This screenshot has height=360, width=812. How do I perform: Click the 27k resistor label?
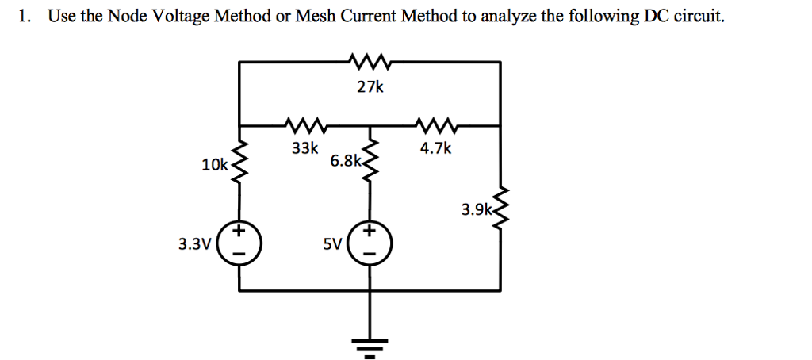pyautogui.click(x=370, y=87)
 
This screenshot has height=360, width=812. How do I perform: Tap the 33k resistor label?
pyautogui.click(x=304, y=147)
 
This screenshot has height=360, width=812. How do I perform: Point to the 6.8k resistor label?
pyautogui.click(x=345, y=161)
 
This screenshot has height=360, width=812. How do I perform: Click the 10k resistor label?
pyautogui.click(x=214, y=165)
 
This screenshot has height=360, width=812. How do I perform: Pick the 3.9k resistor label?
pyautogui.click(x=477, y=210)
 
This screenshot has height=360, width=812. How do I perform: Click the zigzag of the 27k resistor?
pyautogui.click(x=369, y=60)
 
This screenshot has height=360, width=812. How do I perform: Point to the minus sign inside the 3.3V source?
pyautogui.click(x=240, y=254)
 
